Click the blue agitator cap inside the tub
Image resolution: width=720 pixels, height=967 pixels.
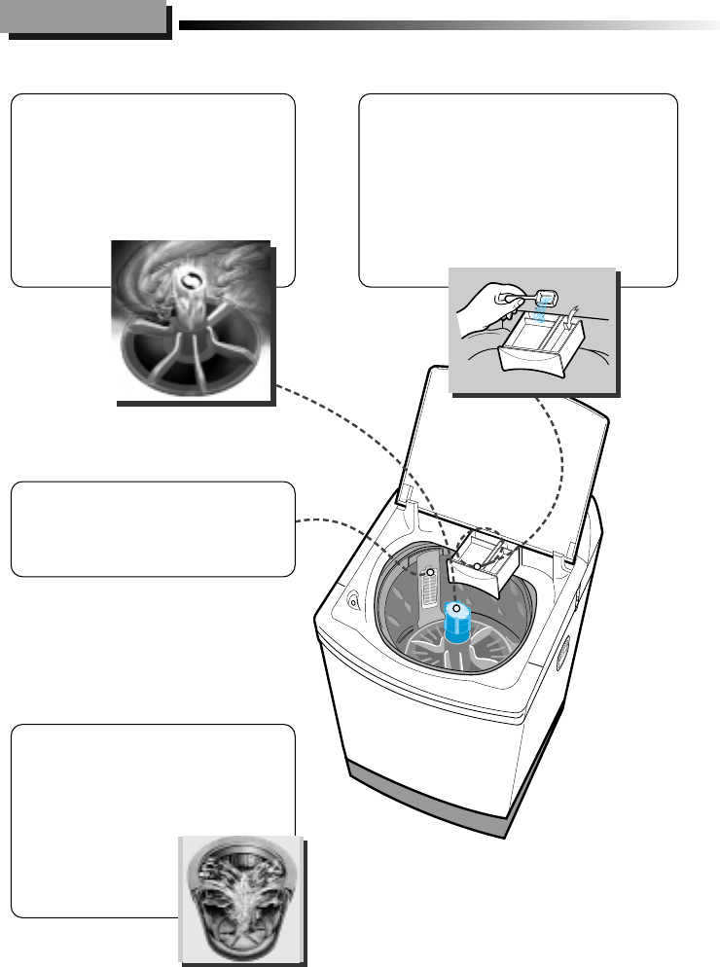tap(456, 623)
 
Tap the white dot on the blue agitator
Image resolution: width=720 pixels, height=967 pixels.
tap(455, 610)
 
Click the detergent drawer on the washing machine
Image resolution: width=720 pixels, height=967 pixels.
tap(484, 563)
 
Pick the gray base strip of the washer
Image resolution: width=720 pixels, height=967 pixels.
tap(428, 794)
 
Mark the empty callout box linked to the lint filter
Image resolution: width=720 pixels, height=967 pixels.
tap(153, 528)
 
